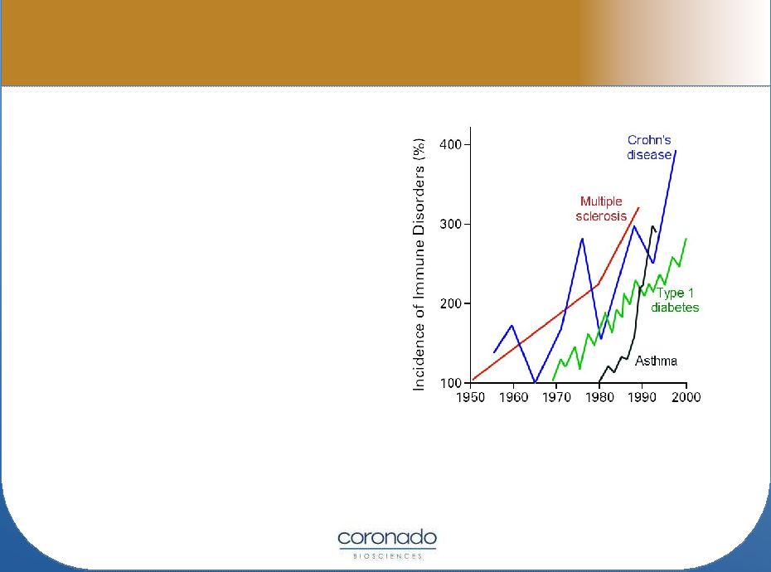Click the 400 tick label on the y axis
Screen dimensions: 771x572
(450, 144)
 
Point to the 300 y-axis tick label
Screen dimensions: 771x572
(450, 225)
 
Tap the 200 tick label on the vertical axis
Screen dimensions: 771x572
(450, 303)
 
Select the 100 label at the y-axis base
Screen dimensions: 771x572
(450, 383)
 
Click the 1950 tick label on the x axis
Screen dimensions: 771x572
(471, 397)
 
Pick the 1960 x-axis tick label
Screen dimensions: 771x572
(514, 397)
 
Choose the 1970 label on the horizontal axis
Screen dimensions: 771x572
(556, 397)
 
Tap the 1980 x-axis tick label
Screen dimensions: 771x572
(599, 397)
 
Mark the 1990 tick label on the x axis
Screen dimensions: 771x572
(642, 397)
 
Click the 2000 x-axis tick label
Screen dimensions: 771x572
(686, 397)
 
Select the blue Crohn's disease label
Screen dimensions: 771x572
(649, 148)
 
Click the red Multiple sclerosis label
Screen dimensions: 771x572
(601, 209)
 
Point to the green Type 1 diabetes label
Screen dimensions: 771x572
(675, 300)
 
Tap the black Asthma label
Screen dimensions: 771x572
(656, 361)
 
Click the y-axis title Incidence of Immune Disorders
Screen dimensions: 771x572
(419, 264)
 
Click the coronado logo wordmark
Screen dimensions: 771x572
(387, 537)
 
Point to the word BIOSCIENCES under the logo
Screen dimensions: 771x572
(387, 556)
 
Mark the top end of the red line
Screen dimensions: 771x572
(638, 207)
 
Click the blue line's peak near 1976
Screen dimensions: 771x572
(582, 239)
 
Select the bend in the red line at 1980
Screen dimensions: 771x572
(599, 284)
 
